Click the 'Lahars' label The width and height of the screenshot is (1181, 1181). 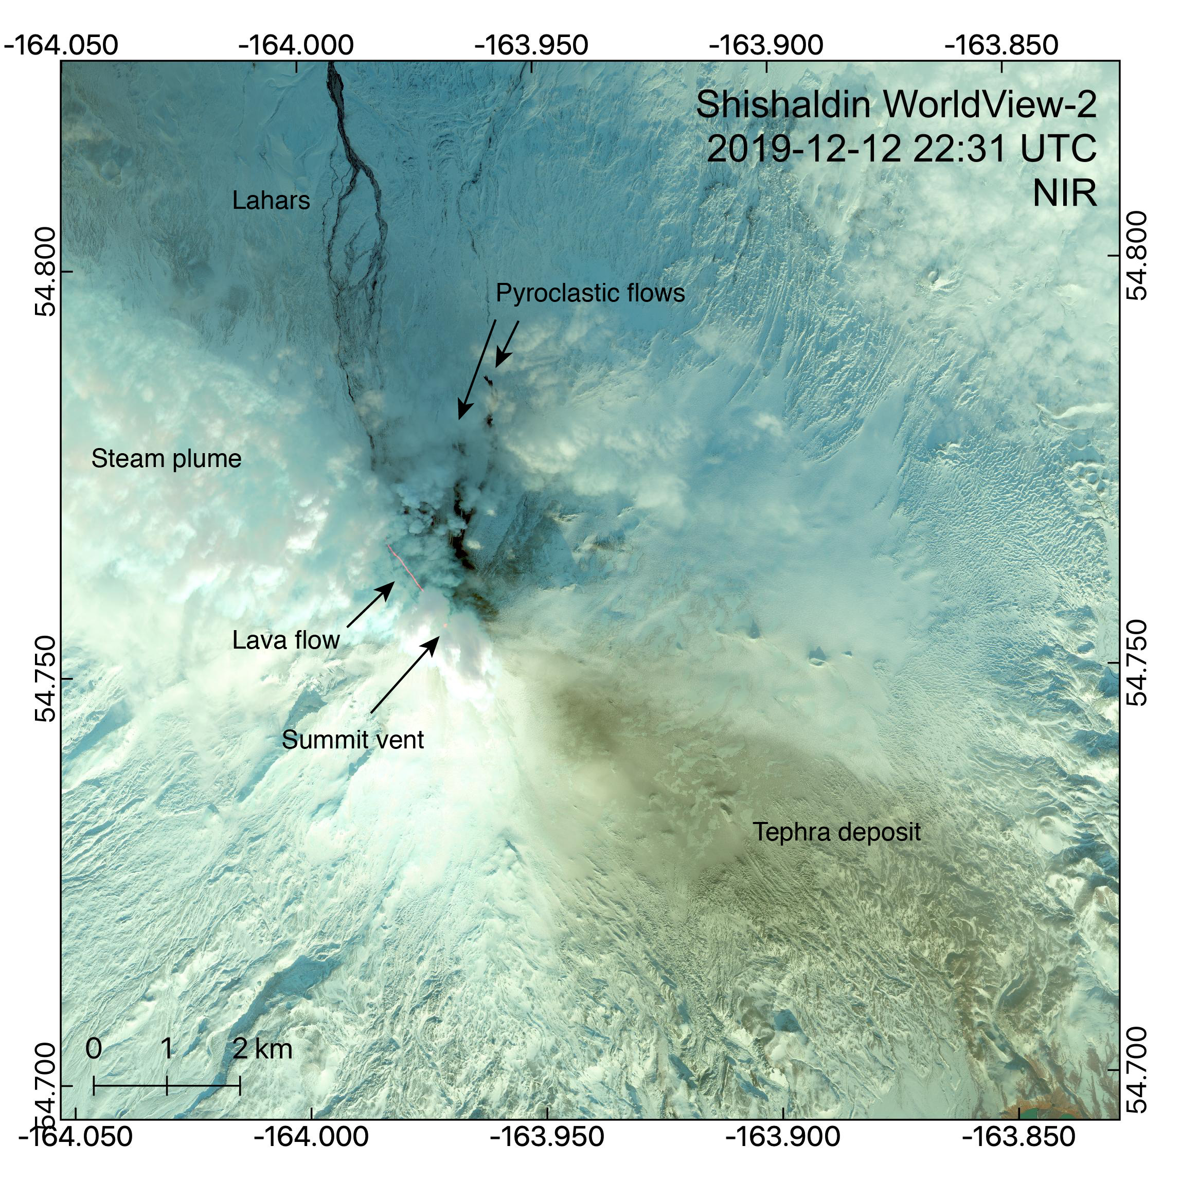click(x=271, y=201)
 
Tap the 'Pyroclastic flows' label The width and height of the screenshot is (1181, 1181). click(x=590, y=293)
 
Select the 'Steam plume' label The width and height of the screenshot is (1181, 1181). click(x=166, y=459)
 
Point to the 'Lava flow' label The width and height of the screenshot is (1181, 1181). click(x=286, y=640)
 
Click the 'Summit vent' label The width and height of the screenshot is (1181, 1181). click(x=353, y=740)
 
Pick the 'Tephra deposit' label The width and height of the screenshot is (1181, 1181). click(x=836, y=832)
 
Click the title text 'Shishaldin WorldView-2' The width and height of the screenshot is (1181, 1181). click(x=896, y=105)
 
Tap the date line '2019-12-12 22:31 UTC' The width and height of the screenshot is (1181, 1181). click(x=901, y=149)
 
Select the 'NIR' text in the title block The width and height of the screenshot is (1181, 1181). click(x=1064, y=193)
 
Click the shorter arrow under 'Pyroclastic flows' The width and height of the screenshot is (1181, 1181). click(x=507, y=344)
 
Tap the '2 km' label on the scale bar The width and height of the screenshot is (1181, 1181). click(x=263, y=1049)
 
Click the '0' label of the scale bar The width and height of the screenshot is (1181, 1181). click(x=94, y=1049)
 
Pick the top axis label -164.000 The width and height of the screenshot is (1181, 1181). click(x=296, y=46)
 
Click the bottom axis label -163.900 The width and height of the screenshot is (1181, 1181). click(x=782, y=1137)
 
